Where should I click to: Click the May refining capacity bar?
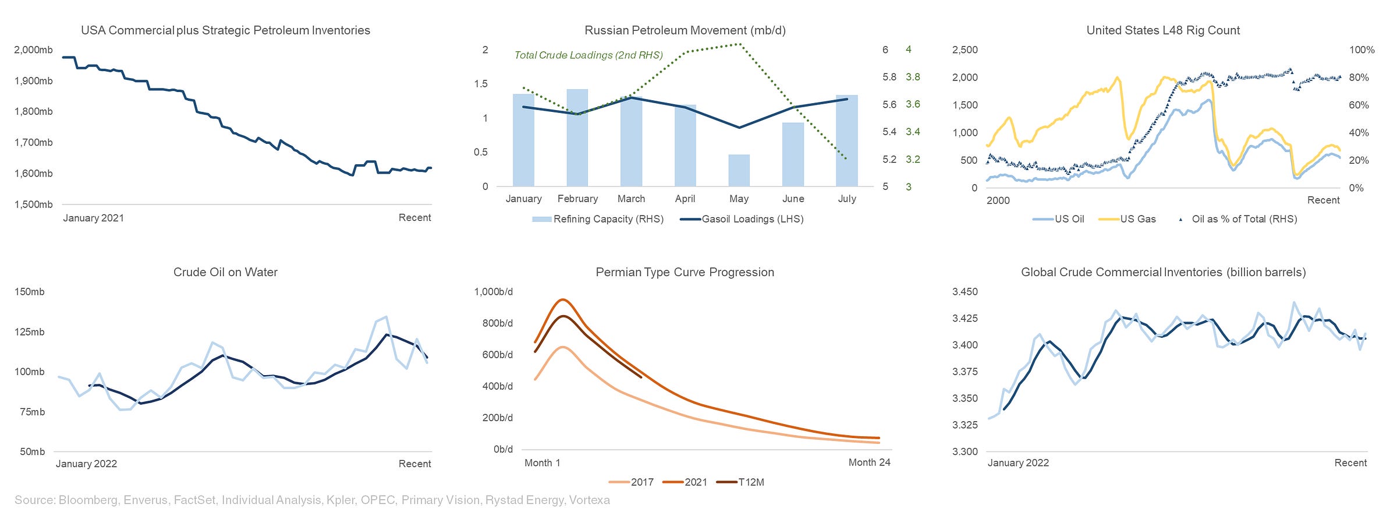click(x=739, y=171)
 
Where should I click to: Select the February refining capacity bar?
click(x=577, y=138)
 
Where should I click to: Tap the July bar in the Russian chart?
click(x=846, y=141)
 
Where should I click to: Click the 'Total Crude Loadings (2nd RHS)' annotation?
click(x=588, y=55)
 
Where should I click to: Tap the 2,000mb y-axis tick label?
click(x=33, y=50)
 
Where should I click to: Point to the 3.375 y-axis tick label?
click(x=965, y=372)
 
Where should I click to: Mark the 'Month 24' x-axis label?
click(x=869, y=462)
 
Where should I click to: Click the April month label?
click(x=685, y=199)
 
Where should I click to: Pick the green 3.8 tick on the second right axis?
click(x=913, y=77)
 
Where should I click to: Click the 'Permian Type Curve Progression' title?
click(x=685, y=272)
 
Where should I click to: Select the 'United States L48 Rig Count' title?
click(x=1163, y=30)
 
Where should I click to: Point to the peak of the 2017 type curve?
click(x=562, y=347)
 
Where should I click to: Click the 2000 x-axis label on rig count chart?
click(x=998, y=200)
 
